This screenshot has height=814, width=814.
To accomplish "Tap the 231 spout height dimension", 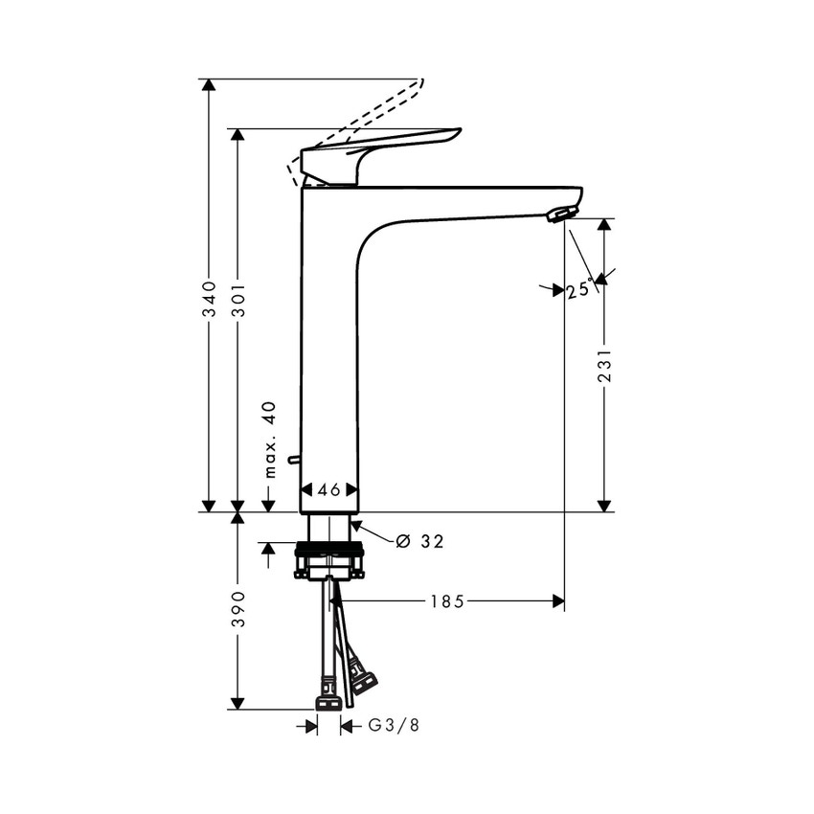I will point(604,365).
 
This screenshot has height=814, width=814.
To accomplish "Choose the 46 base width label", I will point(329,490).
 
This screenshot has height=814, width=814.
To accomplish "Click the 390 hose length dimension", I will point(238,609).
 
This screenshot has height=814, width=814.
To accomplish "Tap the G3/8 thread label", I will point(394,725).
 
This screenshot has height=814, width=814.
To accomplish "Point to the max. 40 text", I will point(270,440).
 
